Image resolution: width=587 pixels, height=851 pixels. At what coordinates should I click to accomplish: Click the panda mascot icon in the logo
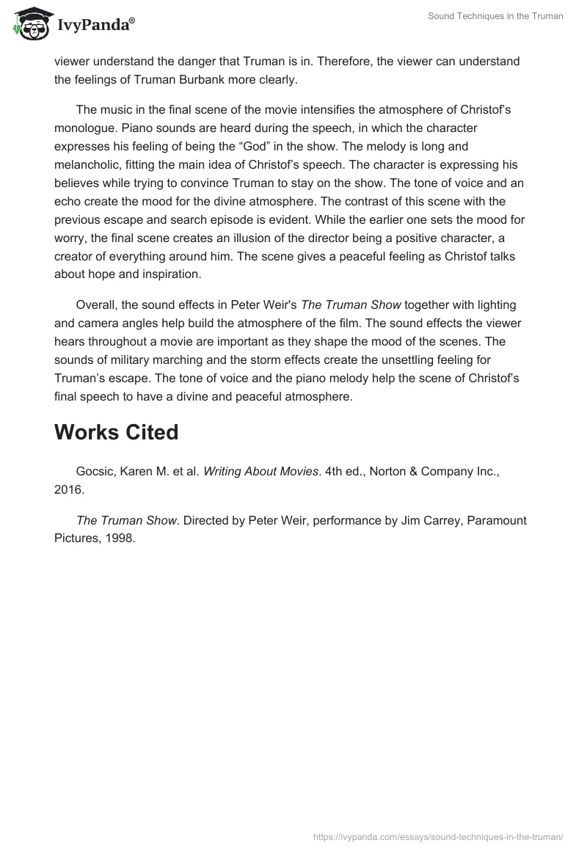[x=27, y=23]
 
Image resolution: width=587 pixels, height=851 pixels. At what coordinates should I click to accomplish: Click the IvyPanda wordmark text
[x=95, y=25]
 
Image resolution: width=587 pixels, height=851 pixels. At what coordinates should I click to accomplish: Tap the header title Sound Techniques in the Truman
[x=495, y=16]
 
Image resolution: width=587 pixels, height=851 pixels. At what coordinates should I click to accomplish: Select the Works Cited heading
[x=116, y=432]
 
